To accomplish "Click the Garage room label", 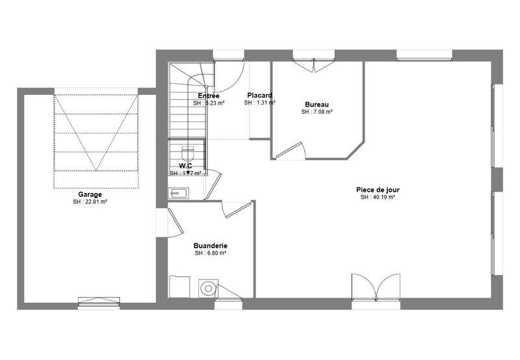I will pos(90,194).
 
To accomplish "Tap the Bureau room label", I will pos(317,105).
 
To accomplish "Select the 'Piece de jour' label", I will pos(378,189).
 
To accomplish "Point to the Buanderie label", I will pos(210,246).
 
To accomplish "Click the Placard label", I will pos(259,96).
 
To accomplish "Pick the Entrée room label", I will pos(209,96).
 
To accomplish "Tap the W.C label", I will pos(185,166).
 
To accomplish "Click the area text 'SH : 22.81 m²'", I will pos(90,202).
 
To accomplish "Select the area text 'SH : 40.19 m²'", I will pos(378,197).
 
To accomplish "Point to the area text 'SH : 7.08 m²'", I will pos(317,112).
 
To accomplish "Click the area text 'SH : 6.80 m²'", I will pos(210,253).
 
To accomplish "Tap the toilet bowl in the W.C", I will pos(188,153).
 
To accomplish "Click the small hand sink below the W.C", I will pos(178,192).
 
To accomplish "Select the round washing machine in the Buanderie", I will pos(207,288).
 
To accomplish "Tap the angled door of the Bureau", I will pos(290,151).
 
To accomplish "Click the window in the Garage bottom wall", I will pos(99,302).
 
